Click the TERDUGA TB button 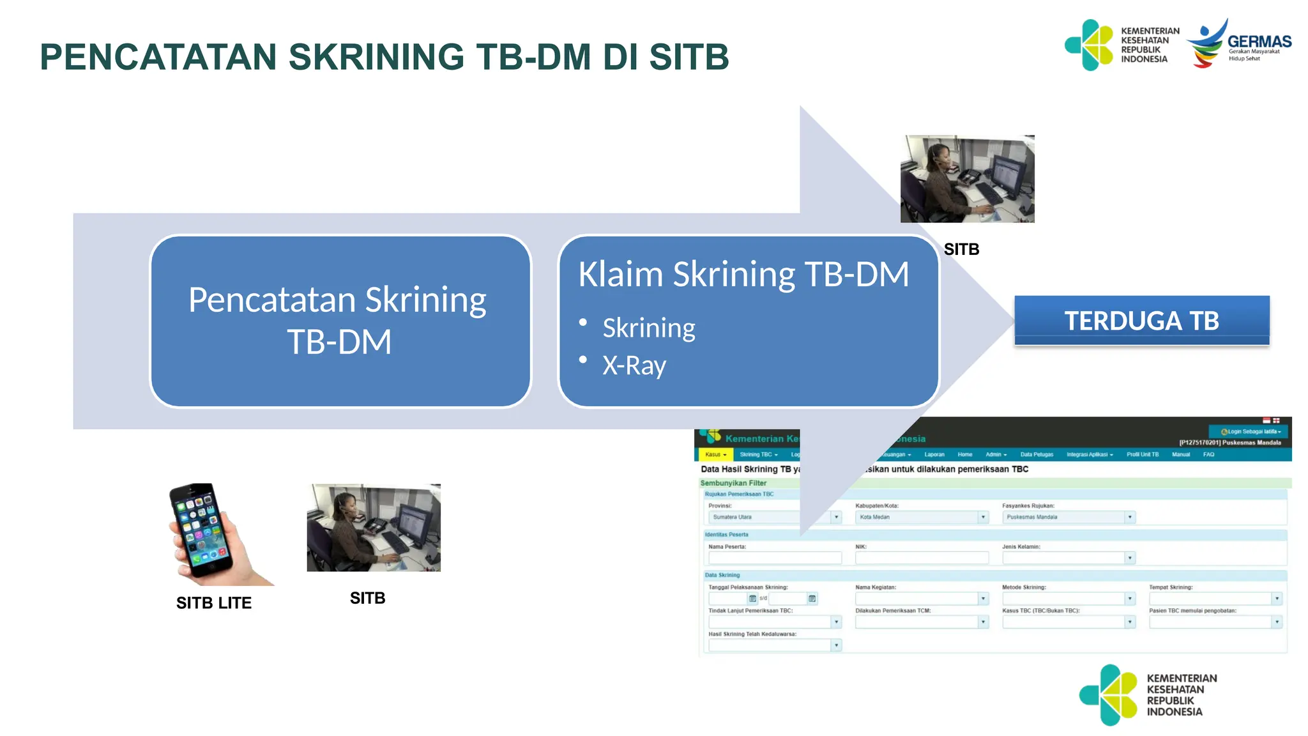[x=1141, y=321]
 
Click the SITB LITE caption [x=214, y=602]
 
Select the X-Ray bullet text [x=634, y=365]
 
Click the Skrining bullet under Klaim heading [x=649, y=328]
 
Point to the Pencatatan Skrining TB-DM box [x=340, y=321]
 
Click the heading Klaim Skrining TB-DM [x=743, y=274]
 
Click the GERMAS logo [x=1239, y=43]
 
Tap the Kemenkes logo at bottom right [x=1147, y=694]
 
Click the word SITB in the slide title [x=688, y=57]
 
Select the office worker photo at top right [x=967, y=179]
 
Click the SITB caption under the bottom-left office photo [x=367, y=598]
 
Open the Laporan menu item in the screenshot [x=934, y=454]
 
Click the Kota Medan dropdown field [x=921, y=517]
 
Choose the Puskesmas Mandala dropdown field [x=1068, y=517]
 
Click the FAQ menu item [x=1208, y=454]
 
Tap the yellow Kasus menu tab [x=715, y=454]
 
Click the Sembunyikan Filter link [x=733, y=483]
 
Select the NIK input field [x=921, y=558]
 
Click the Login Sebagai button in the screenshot [x=1250, y=431]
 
